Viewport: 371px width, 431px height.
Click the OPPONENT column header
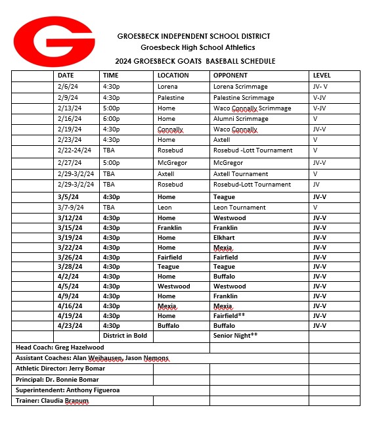click(230, 76)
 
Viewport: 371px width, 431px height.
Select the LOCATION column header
click(173, 76)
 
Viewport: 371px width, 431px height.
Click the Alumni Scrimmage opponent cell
click(241, 119)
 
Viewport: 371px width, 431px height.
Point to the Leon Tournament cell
click(240, 208)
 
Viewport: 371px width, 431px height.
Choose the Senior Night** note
click(236, 335)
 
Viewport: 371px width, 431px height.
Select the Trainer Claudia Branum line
click(52, 400)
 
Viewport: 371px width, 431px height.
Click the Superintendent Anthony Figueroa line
click(67, 390)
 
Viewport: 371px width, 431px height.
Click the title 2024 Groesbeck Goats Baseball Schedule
click(195, 61)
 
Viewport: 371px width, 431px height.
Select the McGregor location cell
click(172, 162)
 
